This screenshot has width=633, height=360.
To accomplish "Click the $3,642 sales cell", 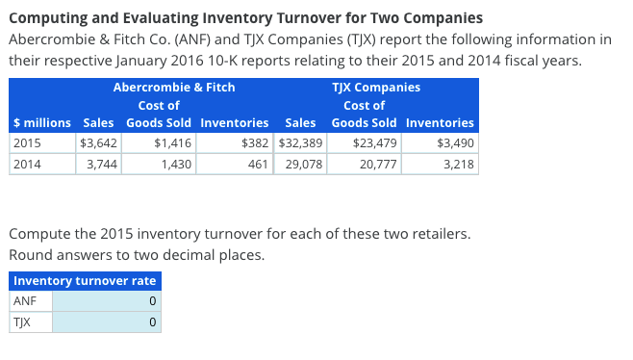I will pyautogui.click(x=97, y=143).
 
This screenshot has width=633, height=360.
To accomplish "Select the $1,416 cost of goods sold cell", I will pyautogui.click(x=159, y=143).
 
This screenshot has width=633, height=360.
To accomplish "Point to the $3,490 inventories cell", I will pyautogui.click(x=440, y=143).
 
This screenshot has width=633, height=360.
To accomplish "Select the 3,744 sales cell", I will pyautogui.click(x=97, y=165).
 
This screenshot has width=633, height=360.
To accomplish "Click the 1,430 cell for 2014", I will pyautogui.click(x=159, y=165).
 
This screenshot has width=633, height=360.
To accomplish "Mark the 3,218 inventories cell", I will pyautogui.click(x=440, y=165).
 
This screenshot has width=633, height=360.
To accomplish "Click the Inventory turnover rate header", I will pyautogui.click(x=85, y=281).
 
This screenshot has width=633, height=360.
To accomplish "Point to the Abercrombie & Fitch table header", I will pyautogui.click(x=174, y=88).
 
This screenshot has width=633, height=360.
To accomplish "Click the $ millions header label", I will pyautogui.click(x=41, y=123).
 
